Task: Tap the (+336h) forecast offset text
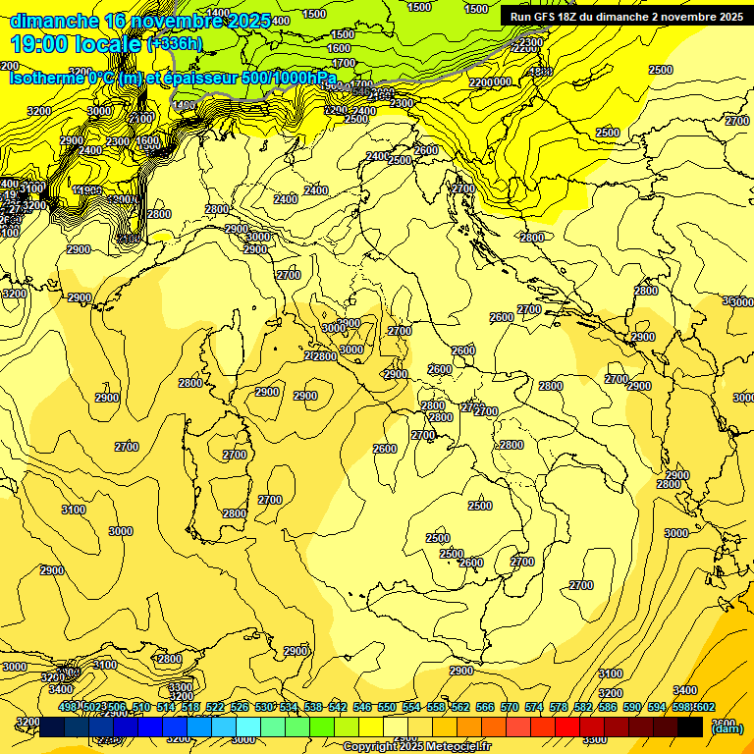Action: tap(174, 44)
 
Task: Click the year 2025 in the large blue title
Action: tap(243, 21)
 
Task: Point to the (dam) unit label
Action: tap(727, 728)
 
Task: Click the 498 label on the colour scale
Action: tap(68, 707)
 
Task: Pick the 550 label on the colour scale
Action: tap(387, 707)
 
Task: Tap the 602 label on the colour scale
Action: tap(705, 707)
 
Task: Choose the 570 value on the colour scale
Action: tap(510, 707)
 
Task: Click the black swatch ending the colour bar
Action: tap(690, 727)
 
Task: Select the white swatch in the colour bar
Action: tap(396, 727)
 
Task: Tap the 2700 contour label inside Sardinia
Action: tap(235, 455)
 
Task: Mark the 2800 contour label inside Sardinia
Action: tap(235, 513)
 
